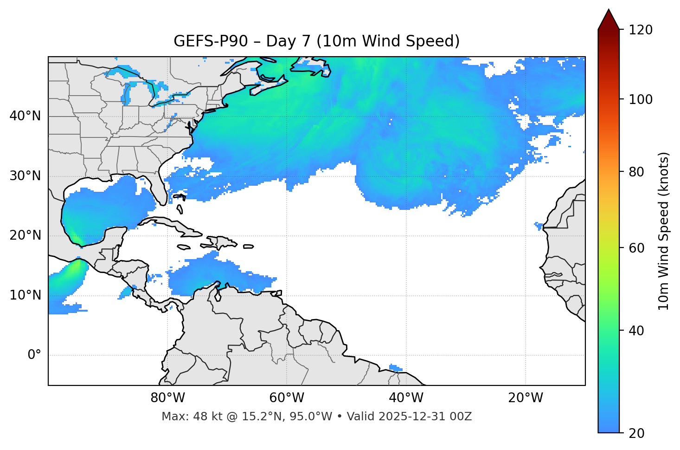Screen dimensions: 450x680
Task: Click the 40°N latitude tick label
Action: point(25,116)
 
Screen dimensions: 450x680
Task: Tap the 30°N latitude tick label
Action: point(25,176)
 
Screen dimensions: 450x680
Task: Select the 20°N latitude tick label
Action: point(25,235)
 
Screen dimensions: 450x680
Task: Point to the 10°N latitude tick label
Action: point(25,295)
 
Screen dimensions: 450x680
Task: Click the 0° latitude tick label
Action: point(34,355)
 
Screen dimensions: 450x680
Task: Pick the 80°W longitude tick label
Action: point(167,398)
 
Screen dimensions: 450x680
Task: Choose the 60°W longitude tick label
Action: point(287,398)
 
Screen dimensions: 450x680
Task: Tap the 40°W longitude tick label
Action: point(406,398)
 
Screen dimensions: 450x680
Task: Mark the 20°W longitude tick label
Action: point(526,398)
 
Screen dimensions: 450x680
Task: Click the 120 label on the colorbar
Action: point(640,30)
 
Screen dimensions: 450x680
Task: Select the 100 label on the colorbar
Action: point(640,99)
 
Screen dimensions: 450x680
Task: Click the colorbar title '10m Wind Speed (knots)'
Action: point(664,231)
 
